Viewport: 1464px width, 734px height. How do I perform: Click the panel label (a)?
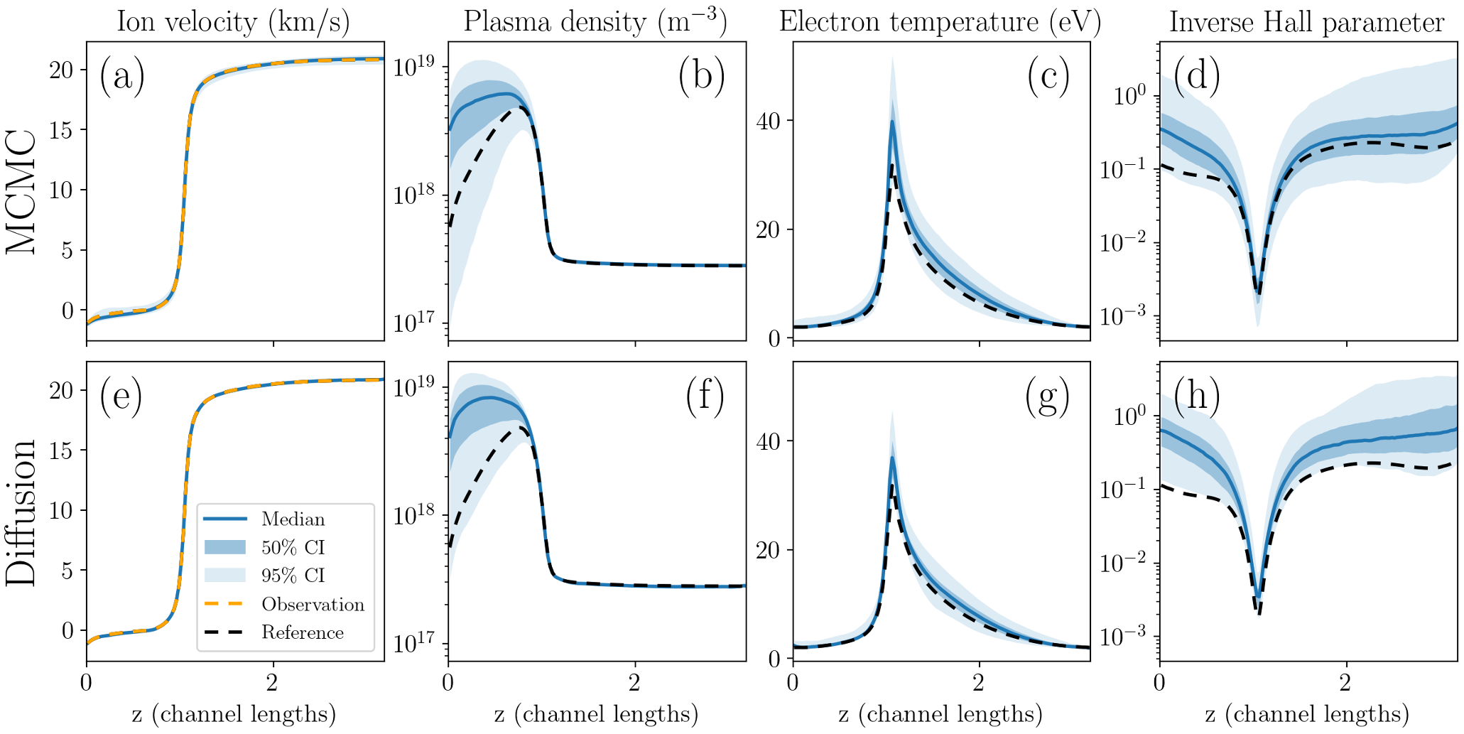click(121, 76)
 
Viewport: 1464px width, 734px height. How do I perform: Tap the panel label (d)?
click(1197, 75)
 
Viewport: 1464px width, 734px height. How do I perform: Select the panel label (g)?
click(1047, 396)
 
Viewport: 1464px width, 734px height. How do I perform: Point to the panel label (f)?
click(704, 396)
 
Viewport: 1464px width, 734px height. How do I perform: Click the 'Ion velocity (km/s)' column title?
click(233, 22)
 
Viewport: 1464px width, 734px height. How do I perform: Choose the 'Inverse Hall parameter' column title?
click(1307, 22)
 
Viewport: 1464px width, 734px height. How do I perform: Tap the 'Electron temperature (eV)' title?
click(940, 22)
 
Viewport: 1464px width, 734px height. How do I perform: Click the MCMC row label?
click(21, 192)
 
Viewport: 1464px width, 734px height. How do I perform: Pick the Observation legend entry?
click(313, 605)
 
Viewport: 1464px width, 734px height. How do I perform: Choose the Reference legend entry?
click(303, 633)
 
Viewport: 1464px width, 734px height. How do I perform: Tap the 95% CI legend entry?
click(293, 576)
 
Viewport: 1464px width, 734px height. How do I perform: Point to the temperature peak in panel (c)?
click(892, 122)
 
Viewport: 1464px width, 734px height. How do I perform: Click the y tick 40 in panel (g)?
click(768, 441)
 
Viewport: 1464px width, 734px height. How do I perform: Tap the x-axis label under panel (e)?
click(234, 714)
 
